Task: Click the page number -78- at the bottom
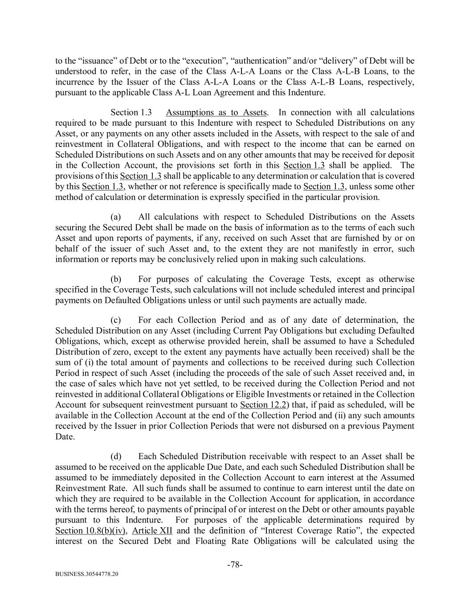coord(235,565)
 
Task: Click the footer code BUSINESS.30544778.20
coord(87,575)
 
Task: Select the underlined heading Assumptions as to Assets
coord(217,112)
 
